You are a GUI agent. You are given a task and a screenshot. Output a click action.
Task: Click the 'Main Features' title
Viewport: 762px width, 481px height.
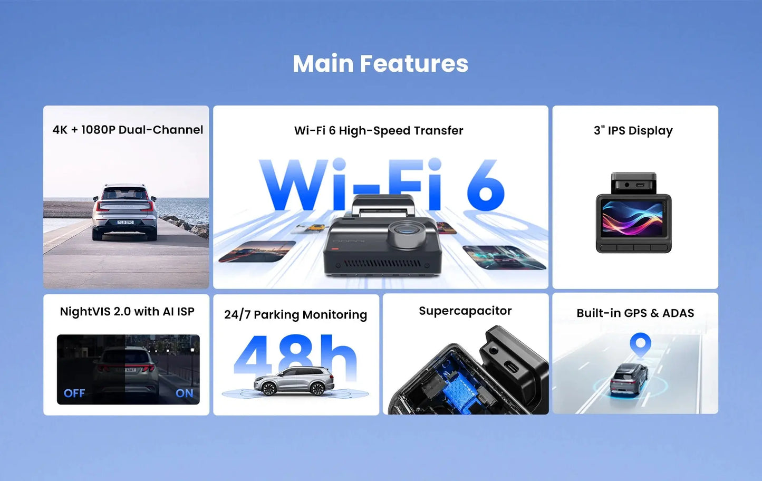point(380,64)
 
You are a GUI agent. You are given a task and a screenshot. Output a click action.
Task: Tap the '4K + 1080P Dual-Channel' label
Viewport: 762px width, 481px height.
point(128,130)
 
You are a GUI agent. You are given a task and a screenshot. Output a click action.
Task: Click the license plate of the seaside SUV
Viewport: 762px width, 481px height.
point(126,222)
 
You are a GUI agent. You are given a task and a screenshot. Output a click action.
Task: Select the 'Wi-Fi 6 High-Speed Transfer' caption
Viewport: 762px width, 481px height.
point(379,130)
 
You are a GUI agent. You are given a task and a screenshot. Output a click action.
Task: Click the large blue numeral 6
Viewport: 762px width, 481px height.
point(485,186)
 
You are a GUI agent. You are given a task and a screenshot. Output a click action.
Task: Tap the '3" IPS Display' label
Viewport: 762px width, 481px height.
point(633,130)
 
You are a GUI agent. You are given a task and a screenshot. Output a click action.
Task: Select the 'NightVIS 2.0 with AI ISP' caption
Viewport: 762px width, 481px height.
point(127,312)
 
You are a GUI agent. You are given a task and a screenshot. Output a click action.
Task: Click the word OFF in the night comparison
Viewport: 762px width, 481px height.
point(74,393)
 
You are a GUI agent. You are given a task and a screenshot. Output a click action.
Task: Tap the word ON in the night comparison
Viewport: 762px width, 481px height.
point(184,393)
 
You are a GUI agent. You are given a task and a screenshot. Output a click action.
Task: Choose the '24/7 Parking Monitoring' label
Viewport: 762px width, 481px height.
point(295,315)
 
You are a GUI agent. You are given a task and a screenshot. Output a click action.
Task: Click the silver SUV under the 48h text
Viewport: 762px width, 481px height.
point(294,381)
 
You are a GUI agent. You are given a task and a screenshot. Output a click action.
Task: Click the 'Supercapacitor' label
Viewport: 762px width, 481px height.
point(465,311)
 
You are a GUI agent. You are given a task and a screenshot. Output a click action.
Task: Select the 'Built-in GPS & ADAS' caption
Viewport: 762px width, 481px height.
point(635,313)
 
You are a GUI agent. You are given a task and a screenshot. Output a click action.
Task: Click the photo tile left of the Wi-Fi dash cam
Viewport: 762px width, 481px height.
point(257,251)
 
